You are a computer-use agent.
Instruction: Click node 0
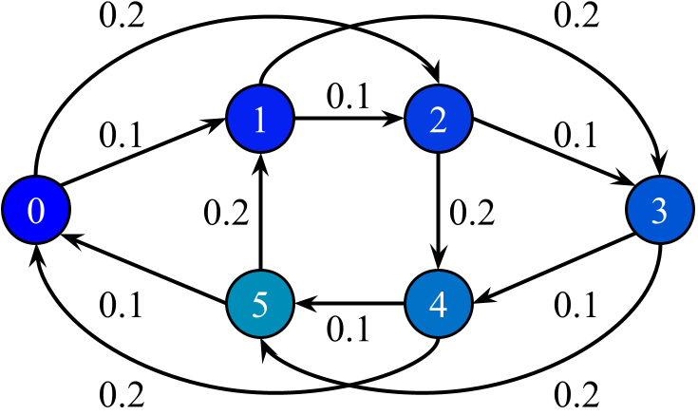[x=36, y=211]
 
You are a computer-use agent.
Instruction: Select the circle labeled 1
[x=259, y=120]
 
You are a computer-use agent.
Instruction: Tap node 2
[x=438, y=120]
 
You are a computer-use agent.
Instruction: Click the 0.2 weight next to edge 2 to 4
[x=472, y=212]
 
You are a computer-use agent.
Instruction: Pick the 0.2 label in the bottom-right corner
[x=577, y=391]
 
